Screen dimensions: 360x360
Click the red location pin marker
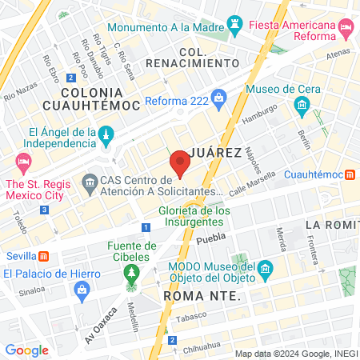coord(180,166)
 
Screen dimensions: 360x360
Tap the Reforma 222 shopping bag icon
coord(220,97)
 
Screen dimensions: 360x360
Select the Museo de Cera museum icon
coord(302,105)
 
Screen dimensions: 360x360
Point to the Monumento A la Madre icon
coord(235,25)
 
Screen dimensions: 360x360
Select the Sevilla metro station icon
coord(43,256)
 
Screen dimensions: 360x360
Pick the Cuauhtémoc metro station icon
coord(350,174)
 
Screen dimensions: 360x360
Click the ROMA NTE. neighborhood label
coord(201,295)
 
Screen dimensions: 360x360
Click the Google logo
coord(26,350)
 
